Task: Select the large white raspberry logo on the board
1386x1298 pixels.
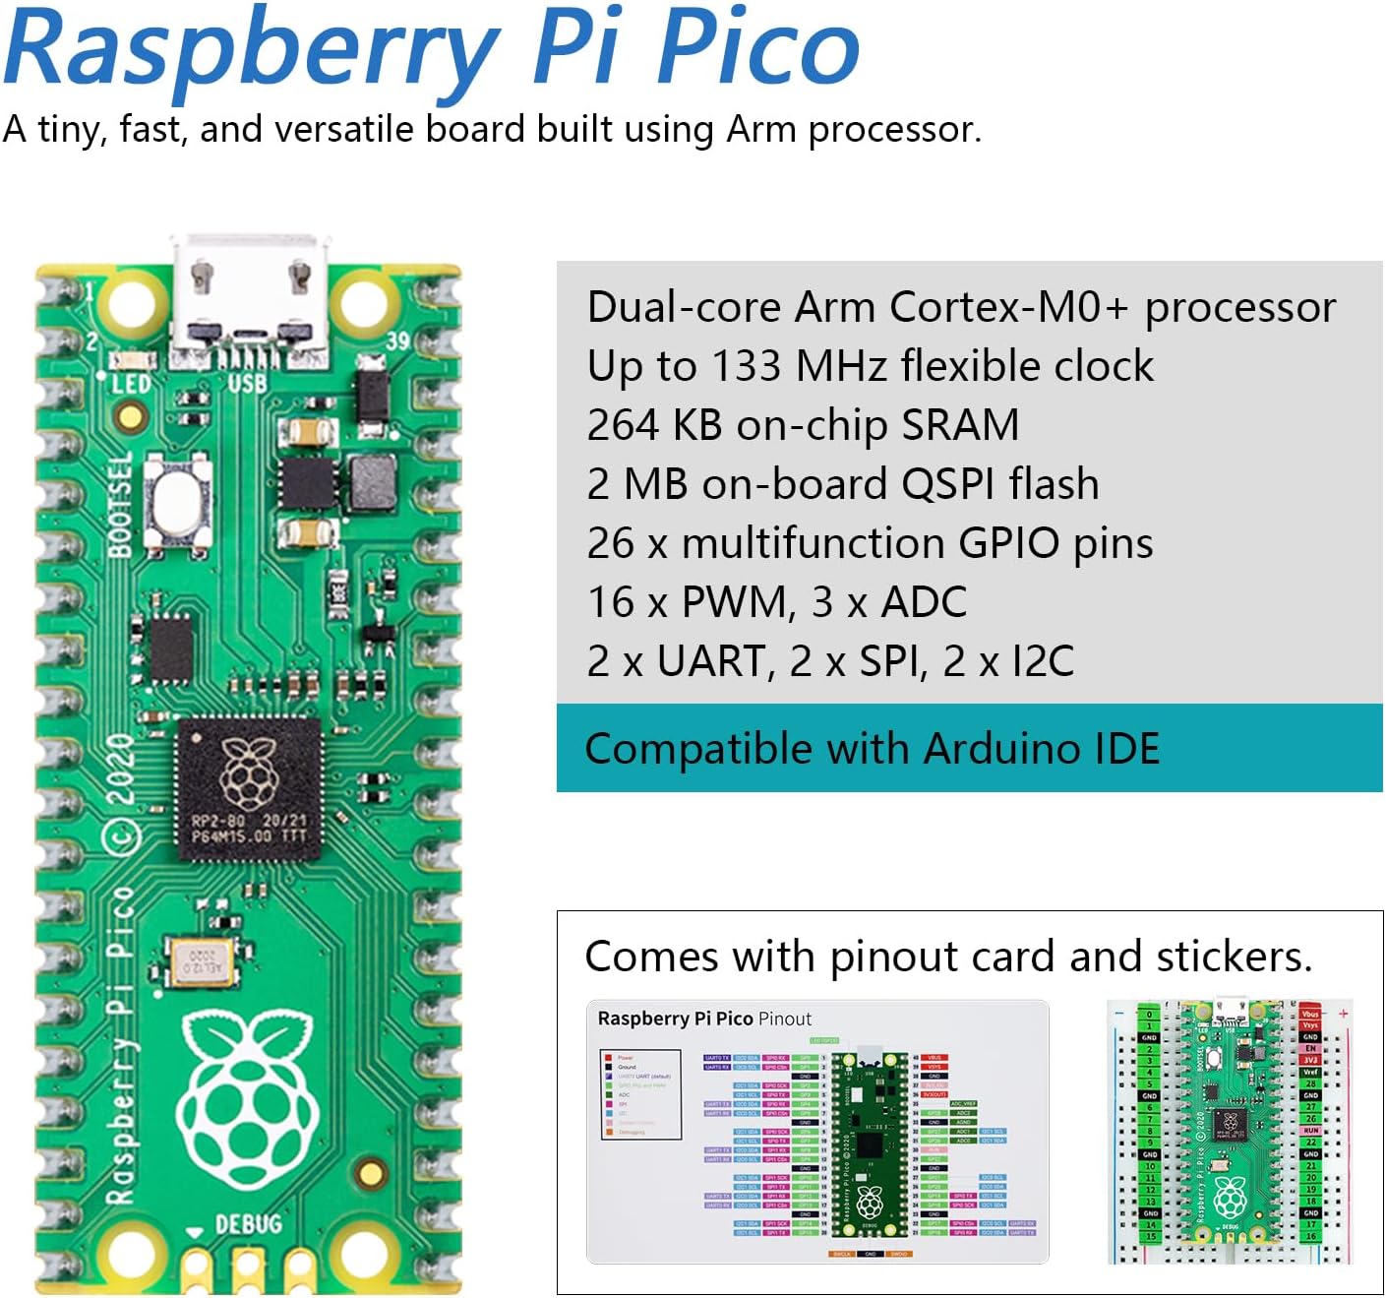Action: click(249, 1102)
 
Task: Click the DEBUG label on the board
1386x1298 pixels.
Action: click(248, 1223)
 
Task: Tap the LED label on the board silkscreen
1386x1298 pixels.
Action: click(130, 384)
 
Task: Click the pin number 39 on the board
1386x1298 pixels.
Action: click(397, 341)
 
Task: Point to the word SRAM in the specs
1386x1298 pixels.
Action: click(959, 425)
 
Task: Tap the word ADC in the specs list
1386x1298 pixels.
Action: click(924, 602)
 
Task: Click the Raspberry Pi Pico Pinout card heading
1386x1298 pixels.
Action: click(704, 1019)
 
